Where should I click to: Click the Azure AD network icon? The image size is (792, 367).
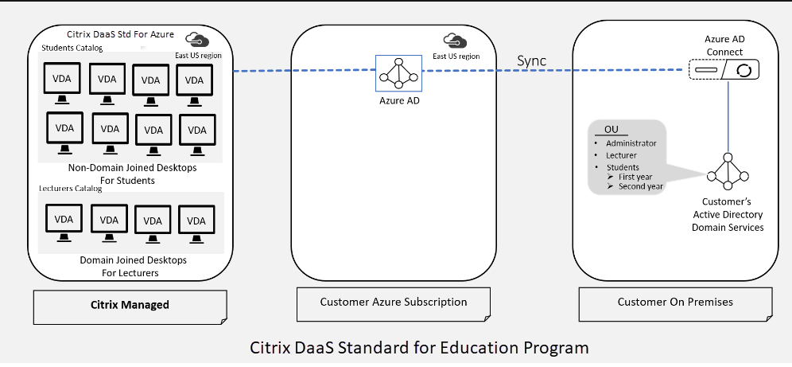click(x=398, y=72)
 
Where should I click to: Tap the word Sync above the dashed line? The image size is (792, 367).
click(x=532, y=61)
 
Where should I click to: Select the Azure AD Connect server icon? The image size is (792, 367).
click(x=723, y=71)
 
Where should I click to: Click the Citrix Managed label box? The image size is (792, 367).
click(x=130, y=304)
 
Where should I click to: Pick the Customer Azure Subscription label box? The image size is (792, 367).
click(x=394, y=302)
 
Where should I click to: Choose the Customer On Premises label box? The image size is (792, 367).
click(x=675, y=302)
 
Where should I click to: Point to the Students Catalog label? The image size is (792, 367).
click(x=72, y=49)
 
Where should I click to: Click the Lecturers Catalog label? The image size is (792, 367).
click(x=71, y=189)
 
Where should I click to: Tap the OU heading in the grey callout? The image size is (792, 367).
click(x=611, y=130)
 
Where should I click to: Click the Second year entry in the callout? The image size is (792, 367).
click(x=641, y=185)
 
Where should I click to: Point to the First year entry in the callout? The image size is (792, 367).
click(x=636, y=176)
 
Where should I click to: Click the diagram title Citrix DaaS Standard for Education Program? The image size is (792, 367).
click(x=420, y=348)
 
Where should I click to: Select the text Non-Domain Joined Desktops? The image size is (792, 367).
click(x=133, y=168)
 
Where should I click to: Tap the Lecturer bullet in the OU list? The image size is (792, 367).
click(x=623, y=155)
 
